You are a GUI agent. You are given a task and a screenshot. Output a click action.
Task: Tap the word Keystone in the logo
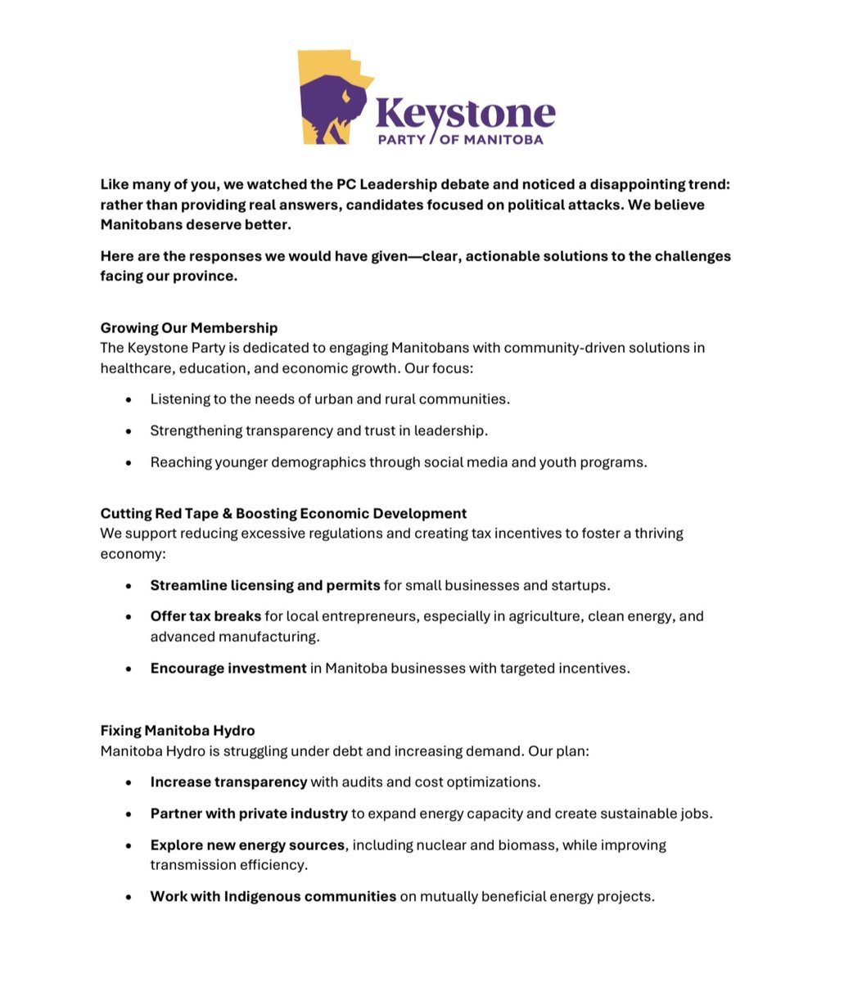tap(465, 114)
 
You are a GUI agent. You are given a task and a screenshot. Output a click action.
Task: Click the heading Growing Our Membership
tap(189, 327)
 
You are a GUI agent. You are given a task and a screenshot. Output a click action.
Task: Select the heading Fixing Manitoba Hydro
tap(178, 730)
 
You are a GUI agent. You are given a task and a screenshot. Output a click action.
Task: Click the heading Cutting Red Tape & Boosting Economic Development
tap(283, 513)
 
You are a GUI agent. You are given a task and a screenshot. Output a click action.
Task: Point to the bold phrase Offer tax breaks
tap(205, 615)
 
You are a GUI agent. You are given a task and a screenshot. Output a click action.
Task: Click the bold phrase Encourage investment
tap(228, 668)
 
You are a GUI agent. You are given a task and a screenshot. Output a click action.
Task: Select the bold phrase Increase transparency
tap(228, 782)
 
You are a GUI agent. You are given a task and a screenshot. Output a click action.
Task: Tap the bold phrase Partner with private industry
tap(249, 813)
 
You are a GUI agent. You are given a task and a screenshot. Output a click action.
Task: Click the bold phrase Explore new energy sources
tap(247, 845)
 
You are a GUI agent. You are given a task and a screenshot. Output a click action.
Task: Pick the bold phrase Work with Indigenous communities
tap(273, 896)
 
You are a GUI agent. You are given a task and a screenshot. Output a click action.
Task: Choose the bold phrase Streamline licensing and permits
tap(265, 585)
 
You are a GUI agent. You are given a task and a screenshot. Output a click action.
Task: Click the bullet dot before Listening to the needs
tap(129, 399)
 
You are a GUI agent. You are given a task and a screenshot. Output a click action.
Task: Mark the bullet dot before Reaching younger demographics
tap(129, 462)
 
